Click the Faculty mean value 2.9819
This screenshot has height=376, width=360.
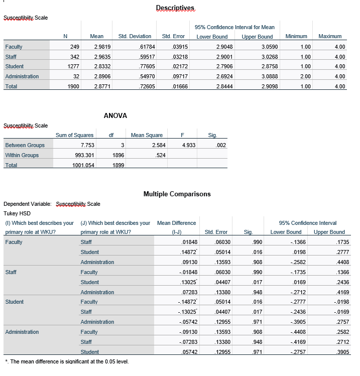97,47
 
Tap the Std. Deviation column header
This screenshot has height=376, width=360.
135,37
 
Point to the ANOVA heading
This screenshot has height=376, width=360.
115,115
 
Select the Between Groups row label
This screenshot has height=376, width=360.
25,145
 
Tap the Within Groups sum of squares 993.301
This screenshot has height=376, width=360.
83,155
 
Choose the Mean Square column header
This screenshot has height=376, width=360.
147,135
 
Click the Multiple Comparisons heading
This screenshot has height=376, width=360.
177,194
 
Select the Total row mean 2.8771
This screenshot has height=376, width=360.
97,86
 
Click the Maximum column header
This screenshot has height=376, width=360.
330,37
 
